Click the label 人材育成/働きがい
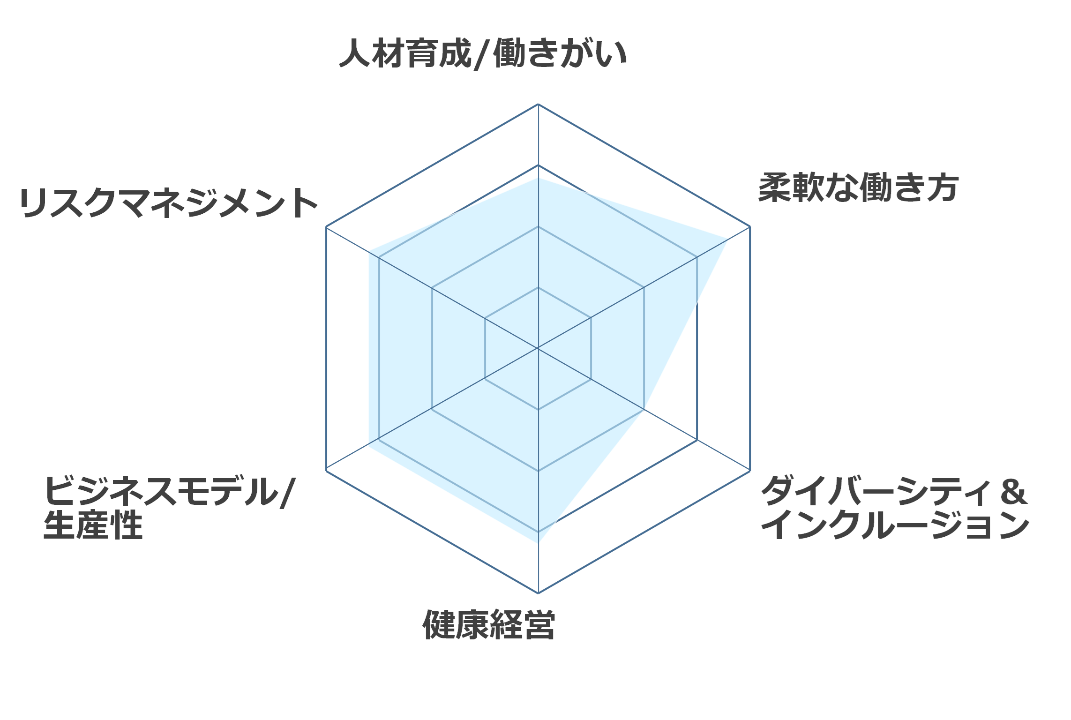point(483,53)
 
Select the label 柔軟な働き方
point(859,187)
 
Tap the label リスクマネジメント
point(169,203)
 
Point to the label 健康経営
point(489,625)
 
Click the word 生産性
point(93,525)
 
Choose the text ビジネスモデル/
point(170,491)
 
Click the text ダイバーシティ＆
point(894,491)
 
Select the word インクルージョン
point(895,525)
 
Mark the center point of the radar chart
point(538,348)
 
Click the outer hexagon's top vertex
point(538,104)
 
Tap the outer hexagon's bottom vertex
point(538,593)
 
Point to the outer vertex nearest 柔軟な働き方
point(750,227)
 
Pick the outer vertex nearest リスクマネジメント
point(326,227)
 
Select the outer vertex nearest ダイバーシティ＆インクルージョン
point(750,471)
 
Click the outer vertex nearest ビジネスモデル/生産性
point(326,471)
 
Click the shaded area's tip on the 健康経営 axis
point(538,543)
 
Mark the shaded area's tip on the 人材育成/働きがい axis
point(538,178)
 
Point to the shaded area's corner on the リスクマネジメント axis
point(369,251)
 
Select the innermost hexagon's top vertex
point(538,287)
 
